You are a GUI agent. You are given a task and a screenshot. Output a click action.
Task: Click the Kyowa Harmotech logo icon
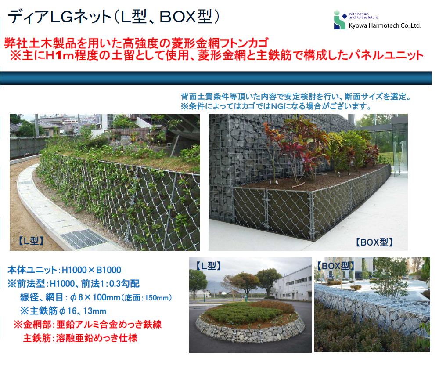(x=339, y=20)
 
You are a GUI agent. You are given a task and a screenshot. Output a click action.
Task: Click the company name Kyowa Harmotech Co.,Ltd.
(x=385, y=26)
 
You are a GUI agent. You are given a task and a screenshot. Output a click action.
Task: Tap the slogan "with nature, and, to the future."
(x=363, y=16)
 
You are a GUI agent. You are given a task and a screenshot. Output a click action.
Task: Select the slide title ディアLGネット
(x=60, y=17)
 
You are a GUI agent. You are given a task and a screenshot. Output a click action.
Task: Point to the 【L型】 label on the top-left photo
(x=31, y=241)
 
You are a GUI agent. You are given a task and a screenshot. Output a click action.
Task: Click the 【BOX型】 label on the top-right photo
(x=374, y=242)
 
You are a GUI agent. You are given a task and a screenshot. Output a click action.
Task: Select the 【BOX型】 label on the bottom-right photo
(x=335, y=266)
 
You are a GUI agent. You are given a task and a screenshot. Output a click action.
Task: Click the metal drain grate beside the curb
(x=84, y=239)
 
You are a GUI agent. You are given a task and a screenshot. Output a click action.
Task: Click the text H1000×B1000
(x=91, y=270)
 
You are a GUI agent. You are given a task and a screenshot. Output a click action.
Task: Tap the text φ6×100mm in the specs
(x=95, y=297)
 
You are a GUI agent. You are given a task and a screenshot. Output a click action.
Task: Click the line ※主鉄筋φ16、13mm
(x=63, y=311)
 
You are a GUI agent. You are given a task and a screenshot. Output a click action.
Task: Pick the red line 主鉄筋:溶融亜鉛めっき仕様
(x=80, y=338)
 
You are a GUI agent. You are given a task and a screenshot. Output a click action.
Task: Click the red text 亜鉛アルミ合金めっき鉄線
(x=109, y=325)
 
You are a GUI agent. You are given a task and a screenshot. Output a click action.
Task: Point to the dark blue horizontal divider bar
(x=216, y=78)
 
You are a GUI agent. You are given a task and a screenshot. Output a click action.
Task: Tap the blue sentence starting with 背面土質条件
(x=296, y=97)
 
